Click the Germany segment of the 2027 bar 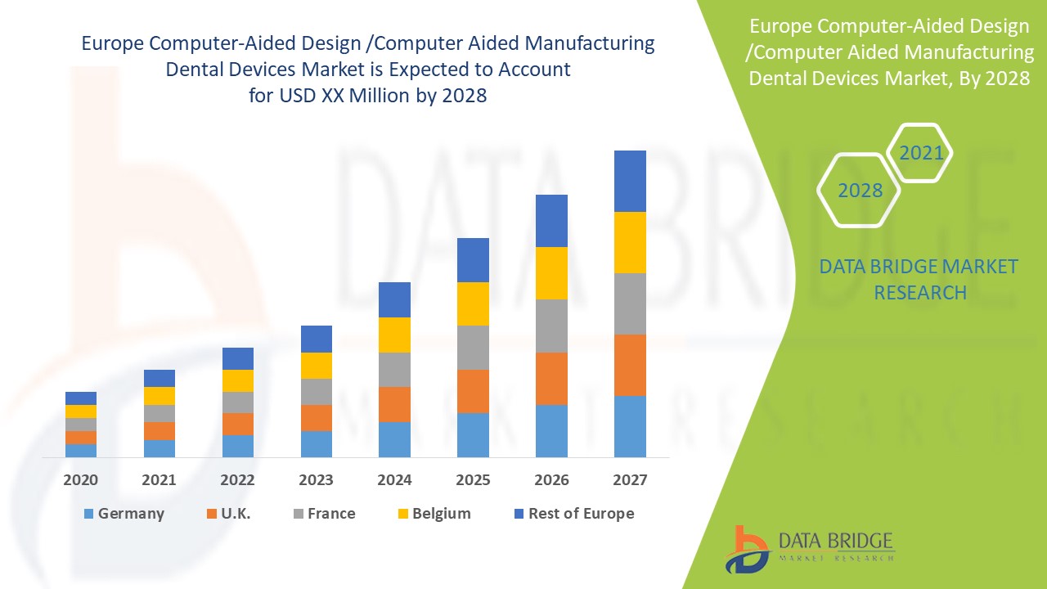(x=630, y=426)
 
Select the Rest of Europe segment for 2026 (x=551, y=221)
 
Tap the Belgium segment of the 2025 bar (x=473, y=303)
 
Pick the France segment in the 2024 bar (x=394, y=370)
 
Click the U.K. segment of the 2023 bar (x=317, y=417)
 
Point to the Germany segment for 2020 (x=81, y=450)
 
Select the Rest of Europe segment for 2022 (x=238, y=358)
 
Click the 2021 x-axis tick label (x=159, y=480)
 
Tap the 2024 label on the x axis (x=394, y=480)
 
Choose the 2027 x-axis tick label (x=630, y=480)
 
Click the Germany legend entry (x=124, y=514)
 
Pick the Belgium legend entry (x=434, y=514)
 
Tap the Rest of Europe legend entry (x=573, y=514)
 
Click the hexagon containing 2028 (x=860, y=191)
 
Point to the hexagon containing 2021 (x=920, y=153)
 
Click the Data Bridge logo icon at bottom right (x=746, y=549)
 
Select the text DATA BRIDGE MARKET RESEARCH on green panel (x=919, y=280)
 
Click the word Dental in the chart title (x=196, y=70)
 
